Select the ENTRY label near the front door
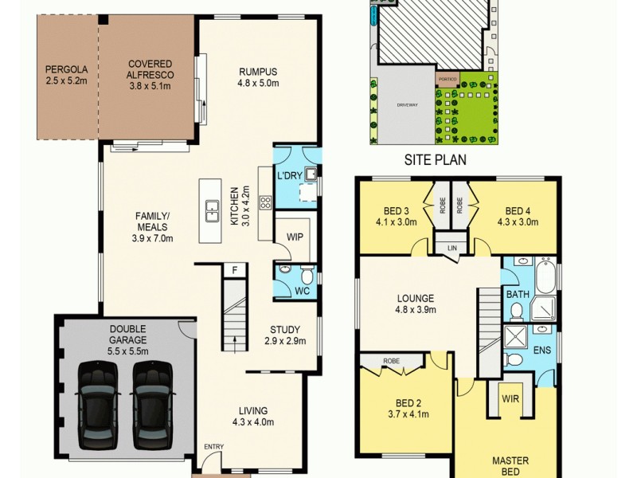pos(213,447)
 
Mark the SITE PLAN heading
pos(435,159)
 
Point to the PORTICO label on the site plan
pos(447,80)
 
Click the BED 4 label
pos(518,211)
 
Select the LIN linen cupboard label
pos(452,249)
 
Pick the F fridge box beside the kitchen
pos(234,271)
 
